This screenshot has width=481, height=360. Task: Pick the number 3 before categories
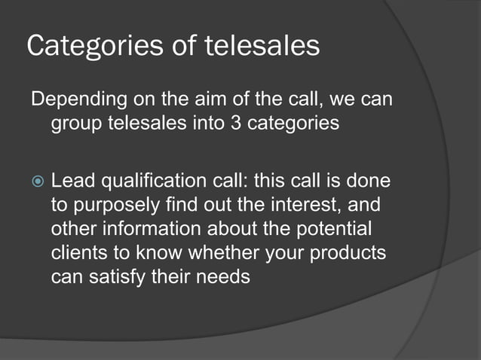[235, 123]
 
